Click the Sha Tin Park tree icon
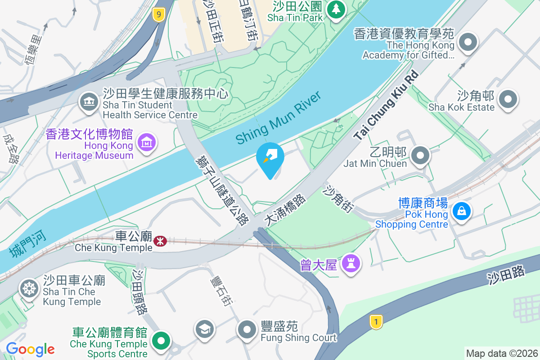pos(335,9)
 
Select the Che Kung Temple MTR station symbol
pos(160,241)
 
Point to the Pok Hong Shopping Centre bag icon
pos(461,211)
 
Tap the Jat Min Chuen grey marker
pos(421,155)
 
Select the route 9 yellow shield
pos(158,15)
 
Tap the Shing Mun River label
pos(279,117)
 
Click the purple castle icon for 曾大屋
pos(351,263)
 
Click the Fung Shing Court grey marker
pos(247,329)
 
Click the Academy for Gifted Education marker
pos(468,43)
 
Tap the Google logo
pos(30,349)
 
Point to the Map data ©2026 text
pos(501,353)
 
